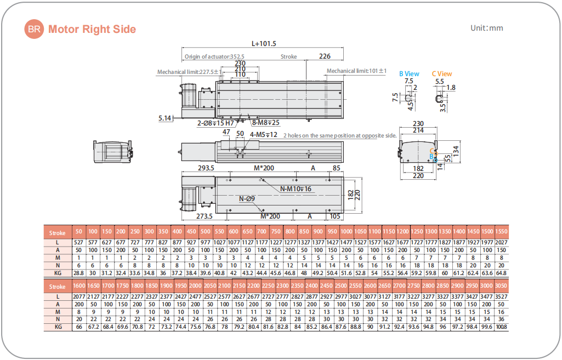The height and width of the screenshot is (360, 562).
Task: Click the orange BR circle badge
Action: (x=34, y=29)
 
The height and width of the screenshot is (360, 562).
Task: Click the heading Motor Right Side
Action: (x=92, y=29)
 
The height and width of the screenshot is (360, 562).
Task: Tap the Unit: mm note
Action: (x=486, y=28)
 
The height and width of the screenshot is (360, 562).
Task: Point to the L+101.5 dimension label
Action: (x=264, y=43)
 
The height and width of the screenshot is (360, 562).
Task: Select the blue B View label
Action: (x=409, y=73)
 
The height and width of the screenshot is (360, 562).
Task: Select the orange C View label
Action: (x=441, y=73)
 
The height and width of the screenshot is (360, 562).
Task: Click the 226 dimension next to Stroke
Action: (x=325, y=56)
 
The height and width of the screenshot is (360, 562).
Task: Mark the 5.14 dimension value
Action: (x=164, y=118)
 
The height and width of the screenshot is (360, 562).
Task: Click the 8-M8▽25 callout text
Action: (x=266, y=123)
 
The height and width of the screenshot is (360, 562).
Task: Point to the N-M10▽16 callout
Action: (x=296, y=189)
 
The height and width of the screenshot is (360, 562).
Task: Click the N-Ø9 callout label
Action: (x=247, y=198)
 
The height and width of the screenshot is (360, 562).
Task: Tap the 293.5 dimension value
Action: (x=206, y=168)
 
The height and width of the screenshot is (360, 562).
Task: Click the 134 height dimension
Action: (x=454, y=148)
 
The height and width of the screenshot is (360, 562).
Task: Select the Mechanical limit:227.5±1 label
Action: (x=189, y=72)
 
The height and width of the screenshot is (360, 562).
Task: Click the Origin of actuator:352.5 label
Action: (x=214, y=56)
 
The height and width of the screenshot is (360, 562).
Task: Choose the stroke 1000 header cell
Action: (x=347, y=232)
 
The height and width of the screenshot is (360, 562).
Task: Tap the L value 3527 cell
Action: (x=501, y=296)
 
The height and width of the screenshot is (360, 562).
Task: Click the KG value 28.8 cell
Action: (x=78, y=272)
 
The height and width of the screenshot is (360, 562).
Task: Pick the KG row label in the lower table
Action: (x=57, y=327)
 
